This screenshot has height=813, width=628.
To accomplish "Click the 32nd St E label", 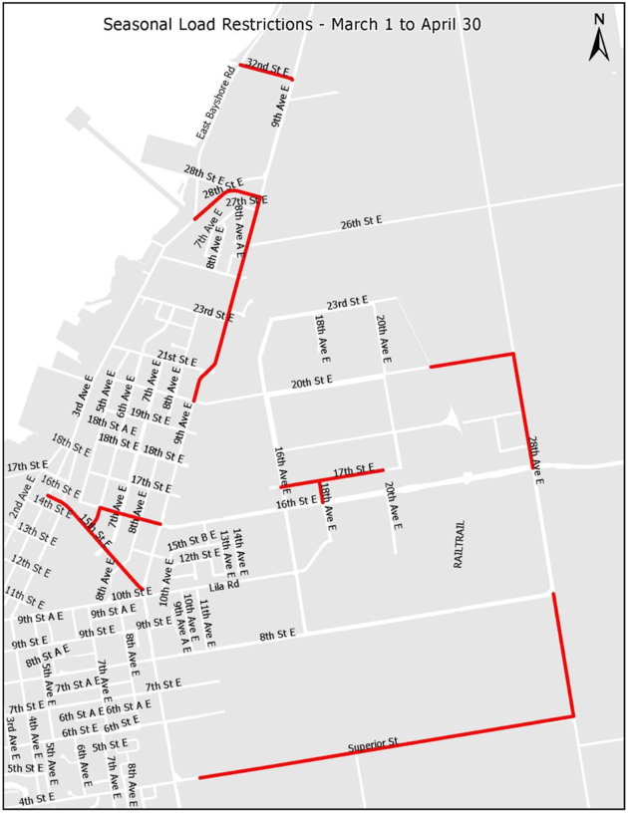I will [x=268, y=67].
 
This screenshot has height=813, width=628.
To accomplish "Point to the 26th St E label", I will [x=361, y=221].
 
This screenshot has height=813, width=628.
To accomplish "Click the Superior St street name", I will [x=373, y=743].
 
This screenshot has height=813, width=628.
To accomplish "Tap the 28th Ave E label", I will [x=535, y=459].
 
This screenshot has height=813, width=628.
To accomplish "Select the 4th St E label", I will [x=38, y=799].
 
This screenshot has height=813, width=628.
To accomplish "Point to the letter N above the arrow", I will [x=598, y=17].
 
